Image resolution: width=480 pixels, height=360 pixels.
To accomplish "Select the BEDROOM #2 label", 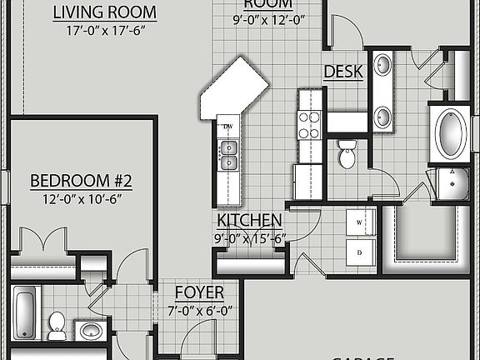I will (x=81, y=181).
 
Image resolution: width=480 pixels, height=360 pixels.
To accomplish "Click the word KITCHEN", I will (x=249, y=220).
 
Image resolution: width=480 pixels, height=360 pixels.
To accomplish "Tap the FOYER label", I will (x=198, y=292).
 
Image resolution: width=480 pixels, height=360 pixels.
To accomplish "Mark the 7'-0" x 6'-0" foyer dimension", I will (x=198, y=310).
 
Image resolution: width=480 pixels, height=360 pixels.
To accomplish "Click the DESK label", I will (x=343, y=72).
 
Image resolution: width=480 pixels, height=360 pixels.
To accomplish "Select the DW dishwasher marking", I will (x=227, y=127).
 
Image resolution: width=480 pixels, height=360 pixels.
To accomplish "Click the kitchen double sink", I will (x=227, y=151).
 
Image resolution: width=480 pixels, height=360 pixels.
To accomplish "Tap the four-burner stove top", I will (x=309, y=125).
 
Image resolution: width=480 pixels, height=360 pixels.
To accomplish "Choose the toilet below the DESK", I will (x=347, y=153).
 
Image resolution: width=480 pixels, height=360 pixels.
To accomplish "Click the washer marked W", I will (x=361, y=223).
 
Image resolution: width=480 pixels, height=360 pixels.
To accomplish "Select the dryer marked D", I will (x=361, y=251).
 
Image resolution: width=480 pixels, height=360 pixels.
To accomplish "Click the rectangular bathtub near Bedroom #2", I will (x=24, y=312).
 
